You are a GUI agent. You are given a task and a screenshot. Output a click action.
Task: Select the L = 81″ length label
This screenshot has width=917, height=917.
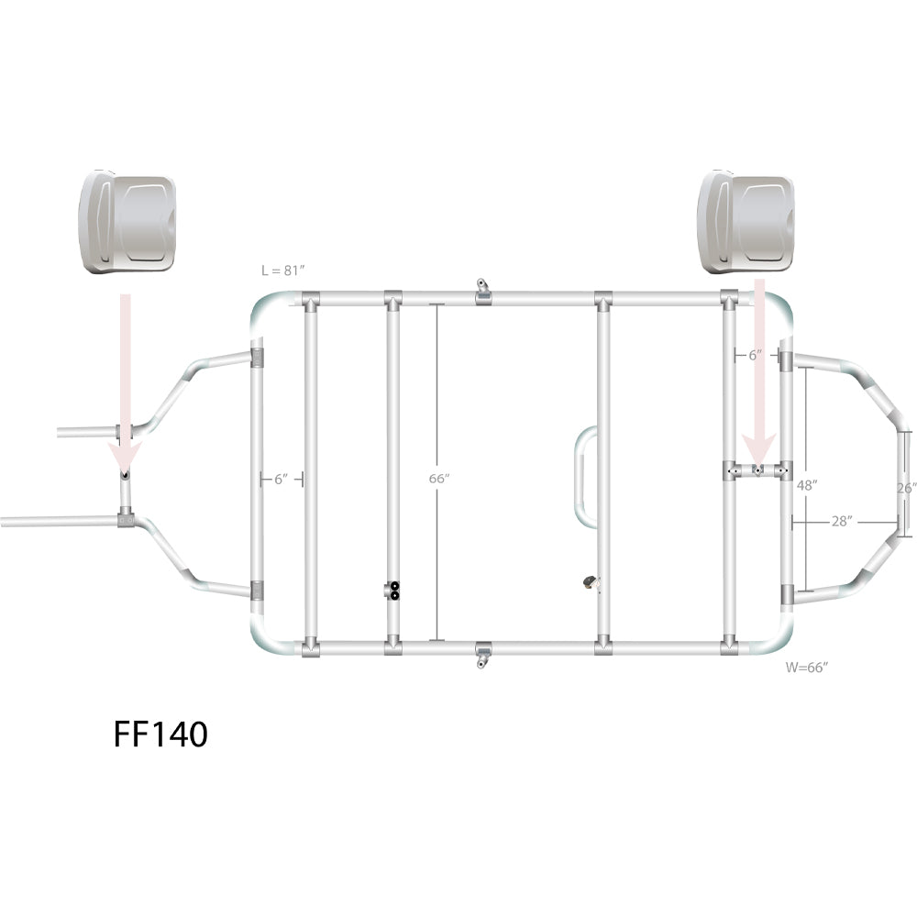click(x=283, y=271)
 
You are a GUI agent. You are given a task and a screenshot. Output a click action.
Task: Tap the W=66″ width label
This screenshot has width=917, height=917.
click(x=807, y=668)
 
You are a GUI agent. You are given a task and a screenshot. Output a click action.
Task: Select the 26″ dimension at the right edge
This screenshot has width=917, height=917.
click(x=906, y=489)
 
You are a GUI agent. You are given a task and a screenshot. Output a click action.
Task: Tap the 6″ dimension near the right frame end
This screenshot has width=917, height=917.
click(x=755, y=355)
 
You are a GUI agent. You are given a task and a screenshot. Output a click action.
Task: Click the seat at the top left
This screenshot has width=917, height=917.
click(x=128, y=222)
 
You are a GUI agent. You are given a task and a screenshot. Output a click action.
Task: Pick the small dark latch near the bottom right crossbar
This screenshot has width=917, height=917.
click(x=588, y=581)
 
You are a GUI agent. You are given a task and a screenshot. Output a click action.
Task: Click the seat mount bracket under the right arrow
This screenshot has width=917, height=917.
click(x=757, y=470)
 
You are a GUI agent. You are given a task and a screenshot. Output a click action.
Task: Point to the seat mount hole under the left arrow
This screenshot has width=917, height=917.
click(x=125, y=476)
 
